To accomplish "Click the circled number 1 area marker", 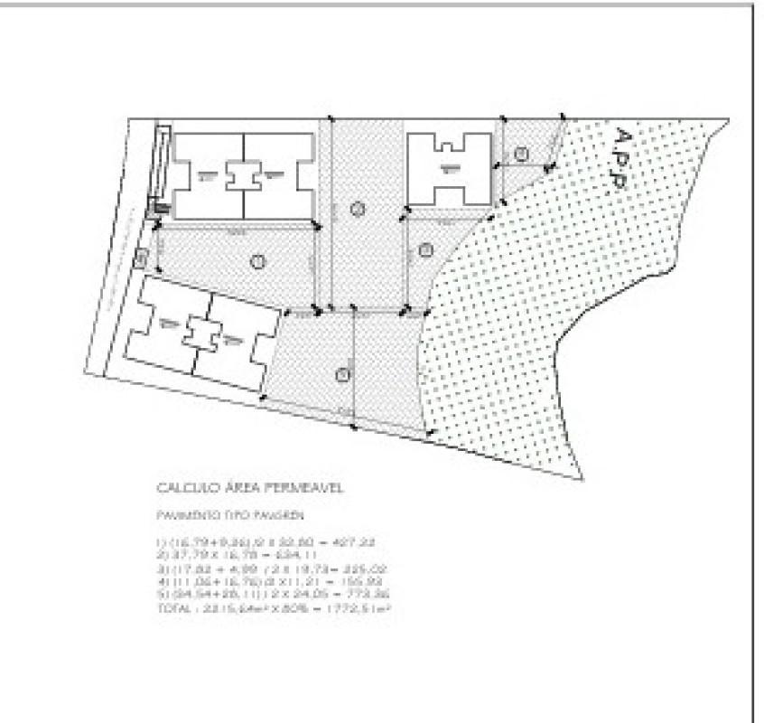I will pyautogui.click(x=258, y=262).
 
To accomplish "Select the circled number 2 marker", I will pyautogui.click(x=358, y=210).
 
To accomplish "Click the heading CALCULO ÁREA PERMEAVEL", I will pyautogui.click(x=250, y=489).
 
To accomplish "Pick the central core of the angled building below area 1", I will pyautogui.click(x=200, y=333).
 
